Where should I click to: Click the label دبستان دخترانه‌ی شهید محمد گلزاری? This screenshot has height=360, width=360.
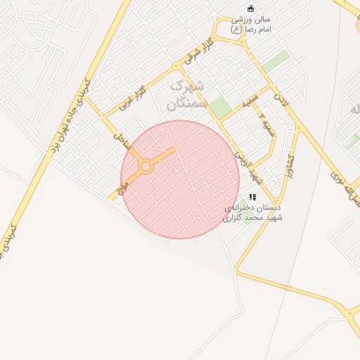click(252, 213)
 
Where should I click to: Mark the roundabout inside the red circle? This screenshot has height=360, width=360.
click(146, 167)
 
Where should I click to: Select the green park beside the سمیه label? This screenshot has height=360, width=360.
click(221, 108)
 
